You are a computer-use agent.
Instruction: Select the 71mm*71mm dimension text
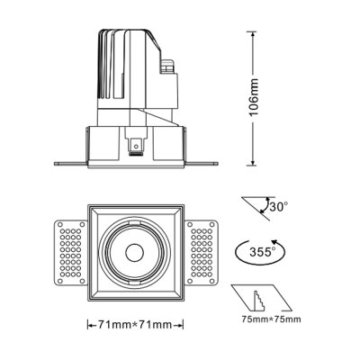click(138, 325)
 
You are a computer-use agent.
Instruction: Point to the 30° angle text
click(279, 206)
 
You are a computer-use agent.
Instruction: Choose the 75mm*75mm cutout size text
click(270, 319)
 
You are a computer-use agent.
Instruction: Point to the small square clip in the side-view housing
click(136, 144)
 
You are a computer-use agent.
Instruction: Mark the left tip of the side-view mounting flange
click(57, 164)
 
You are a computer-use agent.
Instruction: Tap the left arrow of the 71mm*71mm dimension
click(89, 325)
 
